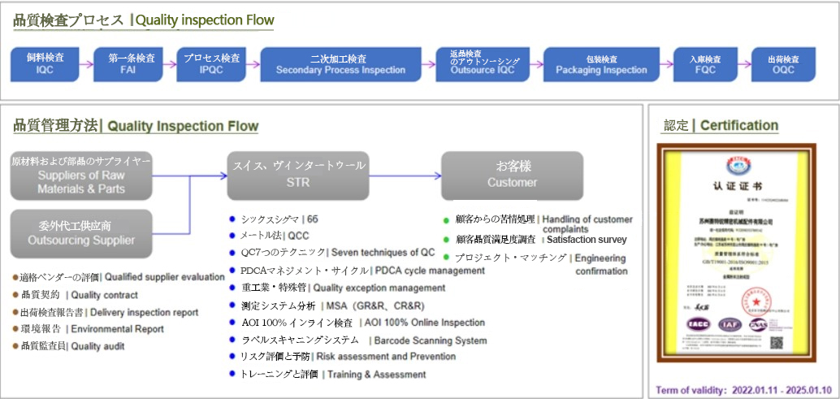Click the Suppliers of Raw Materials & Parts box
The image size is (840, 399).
81,176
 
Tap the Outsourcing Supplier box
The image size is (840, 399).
81,233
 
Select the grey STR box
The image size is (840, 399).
298,176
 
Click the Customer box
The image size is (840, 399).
512,176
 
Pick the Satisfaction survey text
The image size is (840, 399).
587,240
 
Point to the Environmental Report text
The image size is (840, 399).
116,329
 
